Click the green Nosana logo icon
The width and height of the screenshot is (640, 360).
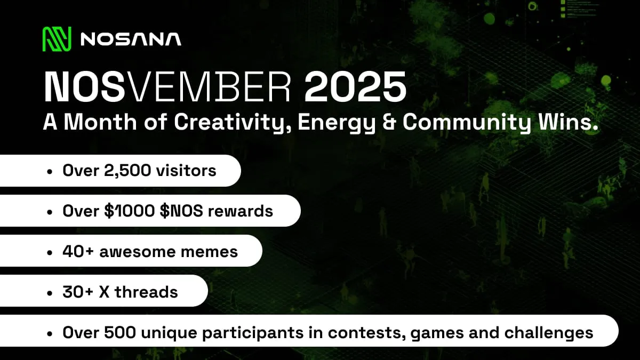click(x=57, y=39)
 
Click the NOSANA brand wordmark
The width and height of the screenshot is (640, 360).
click(x=131, y=39)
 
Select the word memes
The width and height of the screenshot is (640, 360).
click(x=210, y=251)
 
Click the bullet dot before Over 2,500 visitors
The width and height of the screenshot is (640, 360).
click(x=50, y=171)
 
